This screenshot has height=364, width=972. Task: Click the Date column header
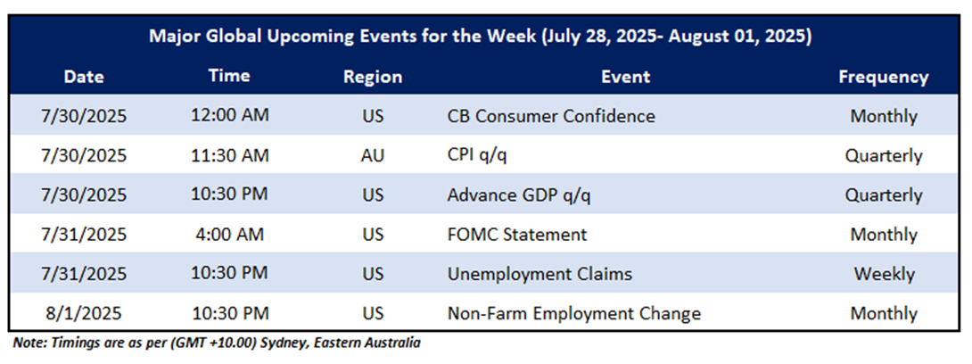tap(84, 77)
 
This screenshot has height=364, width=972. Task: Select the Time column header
tap(229, 76)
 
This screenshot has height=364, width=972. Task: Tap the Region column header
tap(373, 78)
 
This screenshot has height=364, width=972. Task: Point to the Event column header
tap(625, 77)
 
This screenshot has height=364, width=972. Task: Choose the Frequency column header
tap(884, 78)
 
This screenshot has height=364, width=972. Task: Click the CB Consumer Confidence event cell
tap(551, 116)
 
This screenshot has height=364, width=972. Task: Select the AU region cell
tap(373, 155)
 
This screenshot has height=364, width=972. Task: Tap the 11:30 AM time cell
tap(229, 155)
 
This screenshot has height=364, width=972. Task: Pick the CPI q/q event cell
tap(477, 156)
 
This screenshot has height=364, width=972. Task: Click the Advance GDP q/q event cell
tap(519, 195)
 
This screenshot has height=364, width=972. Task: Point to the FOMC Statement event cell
tap(517, 235)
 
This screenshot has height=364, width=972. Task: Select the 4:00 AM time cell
tap(229, 235)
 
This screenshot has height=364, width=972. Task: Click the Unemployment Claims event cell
tap(540, 274)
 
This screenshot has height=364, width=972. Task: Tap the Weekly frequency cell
tap(884, 274)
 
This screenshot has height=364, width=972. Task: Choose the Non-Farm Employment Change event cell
tap(574, 314)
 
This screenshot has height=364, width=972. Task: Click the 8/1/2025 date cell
tap(84, 314)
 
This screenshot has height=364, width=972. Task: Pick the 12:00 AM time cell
tap(229, 116)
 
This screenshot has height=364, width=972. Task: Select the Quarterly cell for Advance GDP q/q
tap(884, 195)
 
